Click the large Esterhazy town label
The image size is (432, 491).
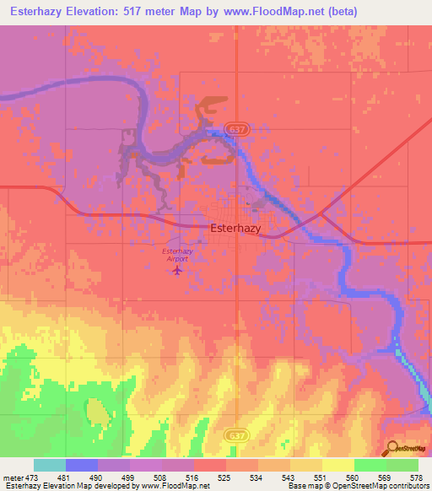236,228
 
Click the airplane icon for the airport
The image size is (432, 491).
175,270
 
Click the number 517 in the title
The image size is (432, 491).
161,12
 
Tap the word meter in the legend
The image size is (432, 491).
13,478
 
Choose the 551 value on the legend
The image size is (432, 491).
321,478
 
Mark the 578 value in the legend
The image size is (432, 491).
418,478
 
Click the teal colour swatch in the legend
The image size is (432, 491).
49,465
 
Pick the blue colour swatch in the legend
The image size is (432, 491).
81,465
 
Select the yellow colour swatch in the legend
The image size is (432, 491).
337,465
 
